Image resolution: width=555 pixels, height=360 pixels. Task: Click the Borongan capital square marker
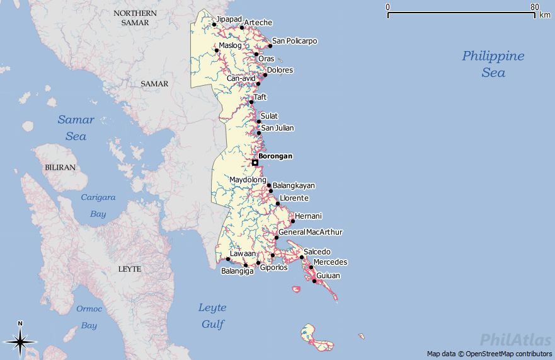click(x=255, y=163)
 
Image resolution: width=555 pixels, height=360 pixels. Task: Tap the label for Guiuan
click(x=328, y=276)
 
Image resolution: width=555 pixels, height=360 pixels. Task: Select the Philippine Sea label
click(x=493, y=64)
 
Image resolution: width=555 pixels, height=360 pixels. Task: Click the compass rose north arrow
click(x=20, y=341)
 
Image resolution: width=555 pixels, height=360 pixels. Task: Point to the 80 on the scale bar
click(x=534, y=7)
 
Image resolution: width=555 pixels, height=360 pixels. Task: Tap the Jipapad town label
click(x=229, y=19)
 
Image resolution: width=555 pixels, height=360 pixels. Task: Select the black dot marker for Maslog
click(x=217, y=50)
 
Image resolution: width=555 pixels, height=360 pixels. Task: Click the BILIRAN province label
click(x=60, y=168)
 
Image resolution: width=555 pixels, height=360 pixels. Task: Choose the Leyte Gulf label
click(x=212, y=316)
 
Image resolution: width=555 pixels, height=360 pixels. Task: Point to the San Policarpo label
click(x=294, y=41)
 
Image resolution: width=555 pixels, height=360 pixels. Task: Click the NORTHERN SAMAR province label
click(x=135, y=18)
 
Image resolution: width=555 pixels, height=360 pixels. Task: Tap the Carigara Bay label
click(x=98, y=206)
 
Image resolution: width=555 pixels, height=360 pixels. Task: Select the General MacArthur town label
click(x=311, y=232)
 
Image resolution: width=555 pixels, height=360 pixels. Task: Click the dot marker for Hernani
click(x=293, y=221)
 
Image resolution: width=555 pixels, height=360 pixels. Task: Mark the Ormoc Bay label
click(x=89, y=317)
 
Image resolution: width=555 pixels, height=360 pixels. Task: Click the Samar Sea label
click(x=76, y=127)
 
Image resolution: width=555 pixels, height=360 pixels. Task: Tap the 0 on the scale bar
click(x=388, y=7)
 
